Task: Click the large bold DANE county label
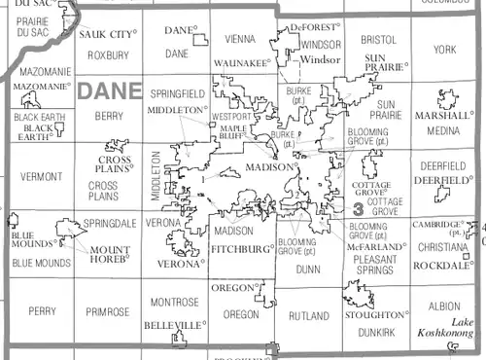[x=110, y=92]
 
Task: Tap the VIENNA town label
[x=238, y=40]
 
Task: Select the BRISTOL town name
[x=378, y=40]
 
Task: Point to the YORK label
[x=444, y=49]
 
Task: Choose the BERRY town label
[x=108, y=116]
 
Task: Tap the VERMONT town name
[x=39, y=177]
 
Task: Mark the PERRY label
[x=42, y=312]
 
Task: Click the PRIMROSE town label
[x=106, y=312]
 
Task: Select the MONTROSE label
[x=175, y=302]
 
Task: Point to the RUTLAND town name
[x=309, y=316]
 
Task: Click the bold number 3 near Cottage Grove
[x=359, y=208]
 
